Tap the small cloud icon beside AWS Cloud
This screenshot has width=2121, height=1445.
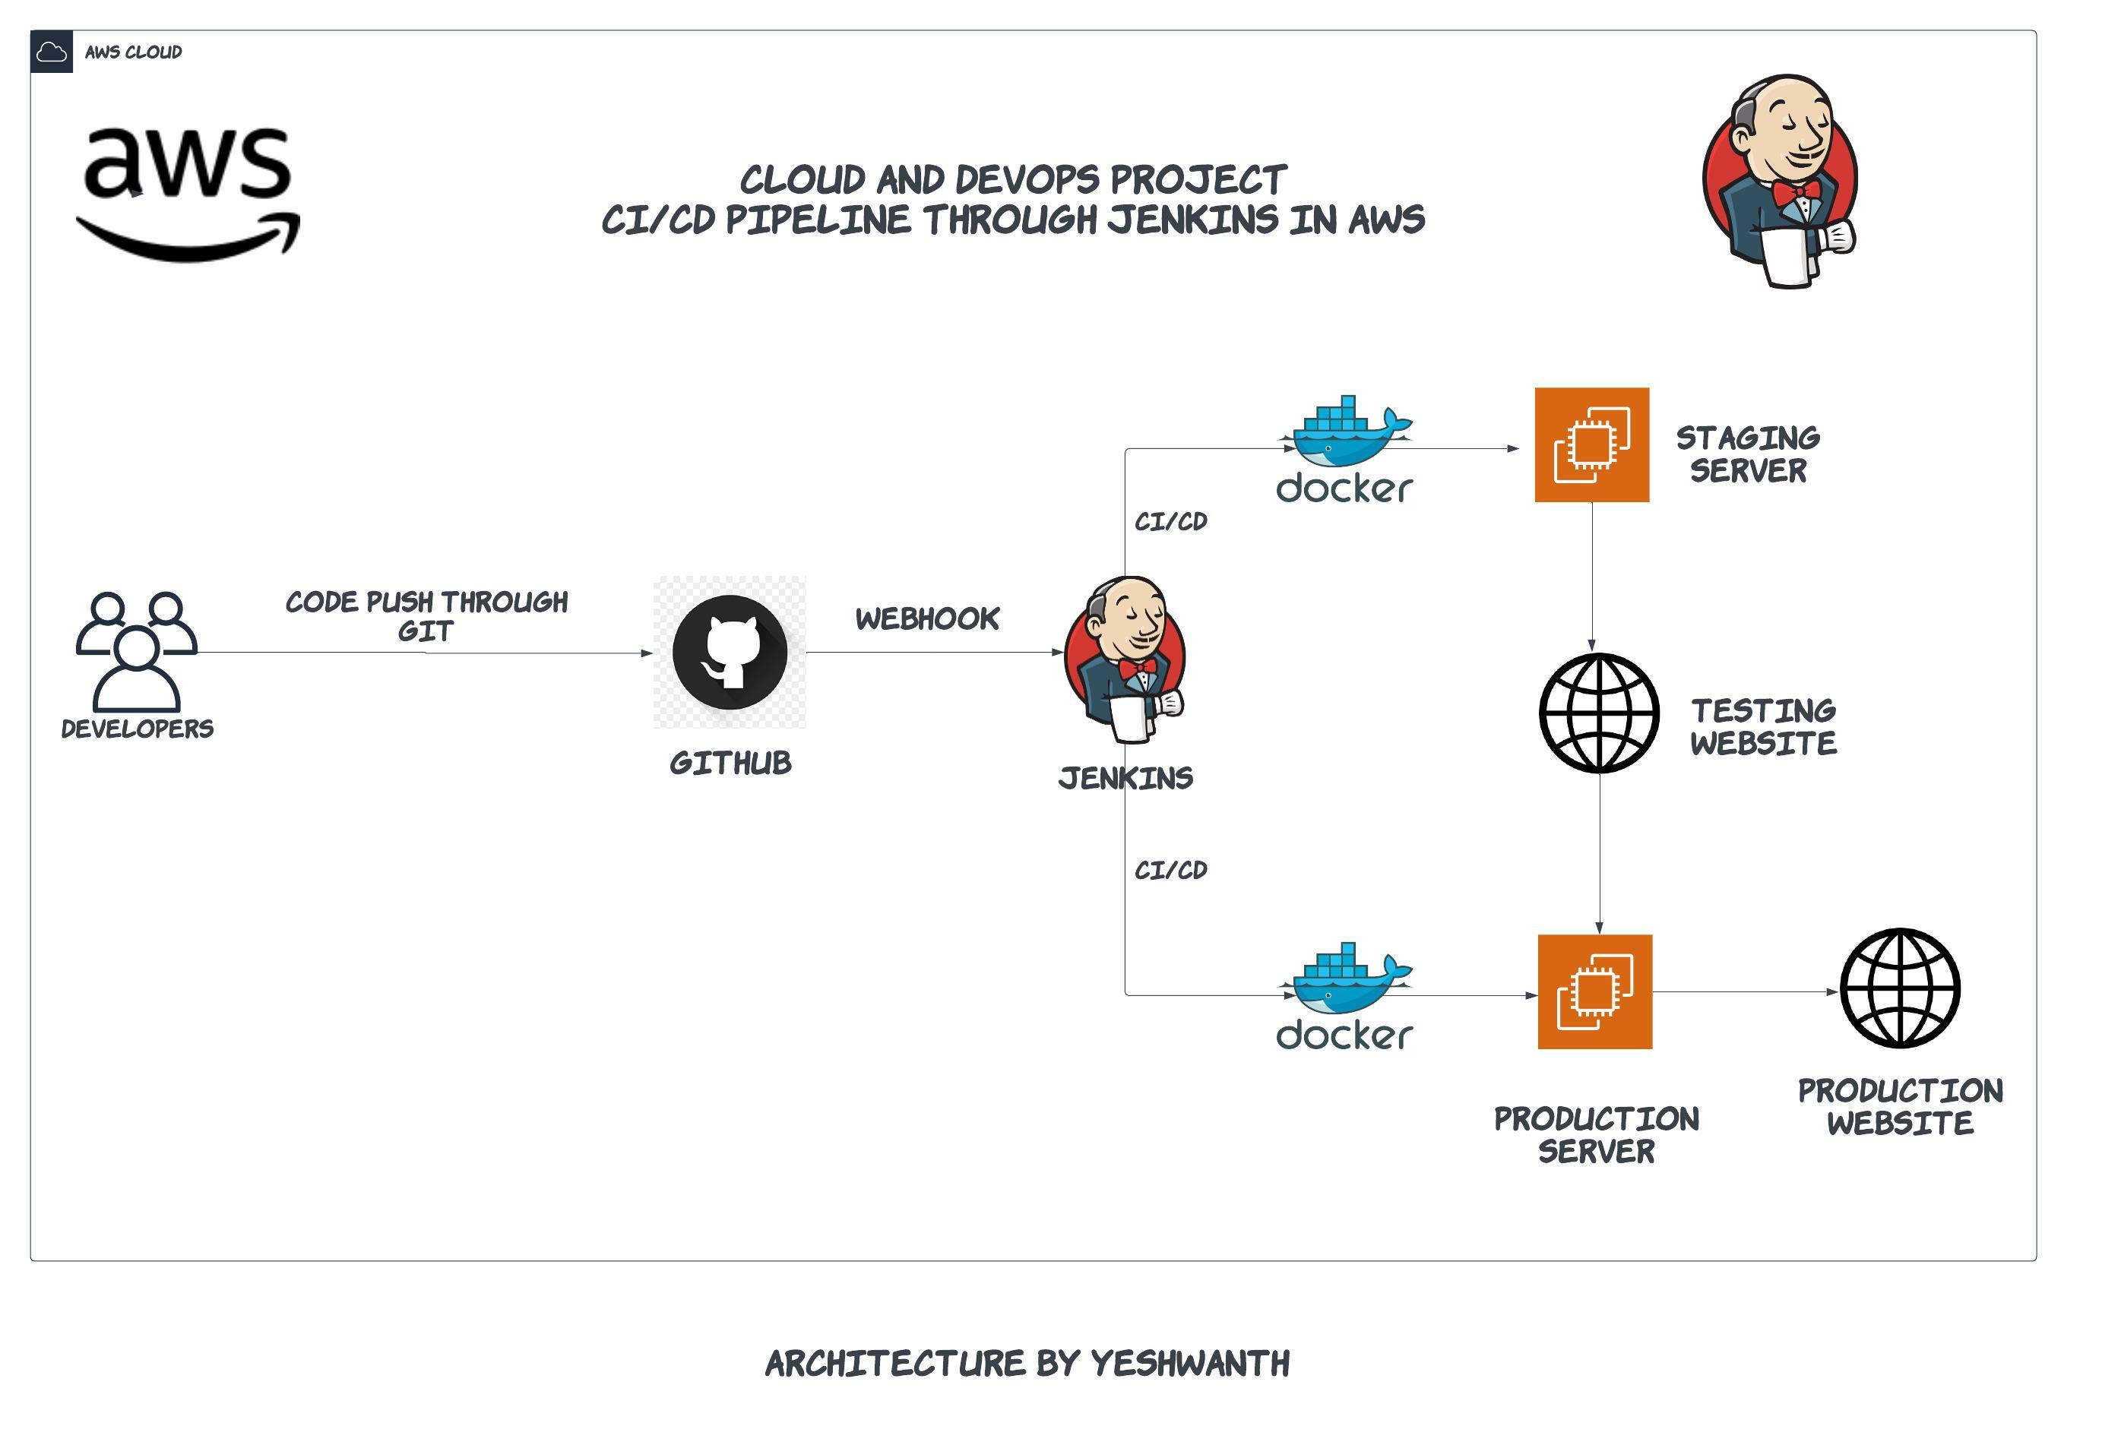(51, 52)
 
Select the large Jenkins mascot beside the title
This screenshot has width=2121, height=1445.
(1780, 182)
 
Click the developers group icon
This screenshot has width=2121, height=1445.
(137, 650)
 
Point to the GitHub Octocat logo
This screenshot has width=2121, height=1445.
(730, 653)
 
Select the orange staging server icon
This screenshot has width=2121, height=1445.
(1591, 444)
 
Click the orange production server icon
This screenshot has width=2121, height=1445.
(1594, 991)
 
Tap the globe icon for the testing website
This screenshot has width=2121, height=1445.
(1599, 713)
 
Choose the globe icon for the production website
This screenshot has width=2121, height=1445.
(1899, 988)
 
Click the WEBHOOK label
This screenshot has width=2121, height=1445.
(927, 618)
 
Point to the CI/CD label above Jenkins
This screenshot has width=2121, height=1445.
(1171, 522)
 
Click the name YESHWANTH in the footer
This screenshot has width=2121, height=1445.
(1190, 1364)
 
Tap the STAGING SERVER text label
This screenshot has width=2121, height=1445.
(1748, 454)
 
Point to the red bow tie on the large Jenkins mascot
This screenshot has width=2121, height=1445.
(1795, 192)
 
